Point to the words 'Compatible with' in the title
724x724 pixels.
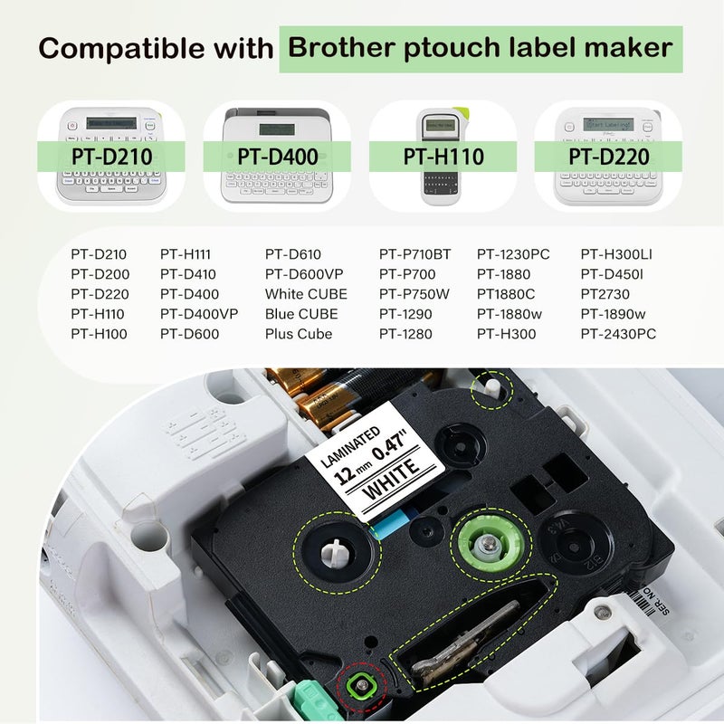coord(156,48)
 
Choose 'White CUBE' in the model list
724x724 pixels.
coord(306,294)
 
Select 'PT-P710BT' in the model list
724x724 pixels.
coord(414,254)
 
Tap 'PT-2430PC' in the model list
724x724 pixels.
coord(618,334)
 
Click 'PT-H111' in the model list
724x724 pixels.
coord(189,254)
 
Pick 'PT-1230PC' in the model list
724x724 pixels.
coord(513,254)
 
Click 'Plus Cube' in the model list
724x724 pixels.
coord(299,334)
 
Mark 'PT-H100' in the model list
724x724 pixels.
coord(100,334)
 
